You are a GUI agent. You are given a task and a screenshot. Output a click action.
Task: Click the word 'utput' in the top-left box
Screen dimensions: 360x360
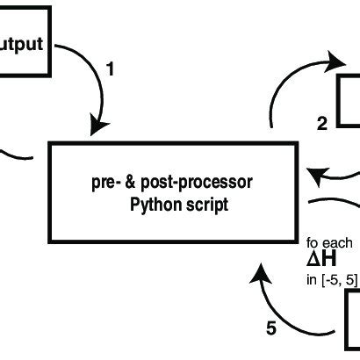coord(21,43)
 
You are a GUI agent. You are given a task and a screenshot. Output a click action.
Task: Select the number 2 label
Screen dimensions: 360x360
coord(321,124)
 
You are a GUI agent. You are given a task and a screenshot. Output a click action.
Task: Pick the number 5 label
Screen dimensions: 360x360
coord(270,329)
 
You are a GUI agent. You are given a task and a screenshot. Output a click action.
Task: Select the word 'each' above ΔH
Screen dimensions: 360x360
coord(337,242)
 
